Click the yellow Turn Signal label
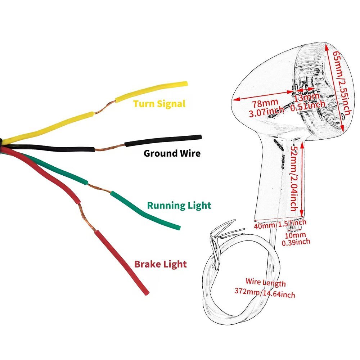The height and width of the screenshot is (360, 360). click(x=159, y=104)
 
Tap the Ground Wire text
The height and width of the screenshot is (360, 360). click(x=172, y=153)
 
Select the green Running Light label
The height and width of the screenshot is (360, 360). click(x=179, y=206)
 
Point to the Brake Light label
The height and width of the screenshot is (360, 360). click(x=160, y=264)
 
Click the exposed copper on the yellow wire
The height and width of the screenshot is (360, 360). click(x=105, y=107)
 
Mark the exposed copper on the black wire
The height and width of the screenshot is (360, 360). click(x=110, y=147)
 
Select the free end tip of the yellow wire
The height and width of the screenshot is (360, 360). click(x=185, y=84)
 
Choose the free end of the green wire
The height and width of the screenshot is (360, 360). click(x=177, y=227)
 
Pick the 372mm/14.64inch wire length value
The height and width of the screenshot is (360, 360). click(x=265, y=293)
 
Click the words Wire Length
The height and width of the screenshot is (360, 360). click(x=266, y=282)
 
